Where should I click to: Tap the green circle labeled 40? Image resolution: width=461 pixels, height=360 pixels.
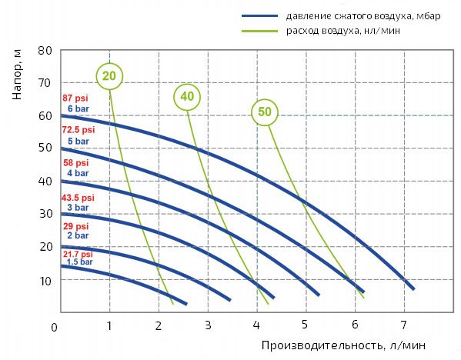coord(185,96)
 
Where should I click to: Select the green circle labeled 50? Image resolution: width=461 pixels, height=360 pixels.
coord(265,112)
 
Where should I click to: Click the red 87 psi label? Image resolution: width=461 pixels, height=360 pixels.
coord(75,98)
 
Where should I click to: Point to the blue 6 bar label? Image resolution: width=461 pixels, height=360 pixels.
coord(79,108)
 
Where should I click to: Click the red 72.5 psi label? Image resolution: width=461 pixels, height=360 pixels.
coord(77,132)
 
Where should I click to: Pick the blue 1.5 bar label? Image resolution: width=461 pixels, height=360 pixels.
coord(79,262)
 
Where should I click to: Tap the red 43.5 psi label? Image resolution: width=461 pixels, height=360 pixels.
coord(76,198)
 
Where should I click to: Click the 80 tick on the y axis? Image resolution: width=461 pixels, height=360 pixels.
coord(45,50)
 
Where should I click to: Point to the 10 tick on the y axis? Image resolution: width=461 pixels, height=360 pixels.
coord(45,280)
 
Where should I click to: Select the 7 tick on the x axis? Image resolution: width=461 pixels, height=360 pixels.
coord(403,324)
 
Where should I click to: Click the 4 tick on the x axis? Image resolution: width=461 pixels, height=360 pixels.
coord(256,324)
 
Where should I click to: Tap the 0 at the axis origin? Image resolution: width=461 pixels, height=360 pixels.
coord(55,328)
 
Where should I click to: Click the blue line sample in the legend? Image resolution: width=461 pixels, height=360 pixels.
coord(262,16)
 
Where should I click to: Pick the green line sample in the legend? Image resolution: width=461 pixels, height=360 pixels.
coord(262,31)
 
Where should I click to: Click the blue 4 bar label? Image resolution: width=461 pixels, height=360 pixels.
coord(79,174)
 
